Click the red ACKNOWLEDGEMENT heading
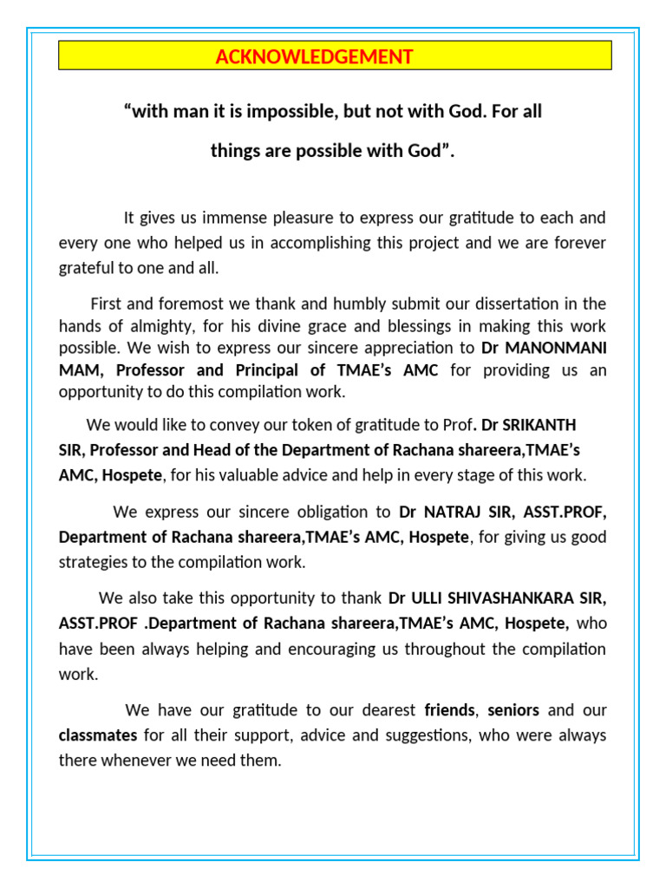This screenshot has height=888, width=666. click(314, 57)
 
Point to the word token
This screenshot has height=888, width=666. click(291, 425)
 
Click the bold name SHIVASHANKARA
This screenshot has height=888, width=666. click(513, 598)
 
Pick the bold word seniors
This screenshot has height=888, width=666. click(513, 710)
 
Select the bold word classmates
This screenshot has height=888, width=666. click(97, 735)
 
